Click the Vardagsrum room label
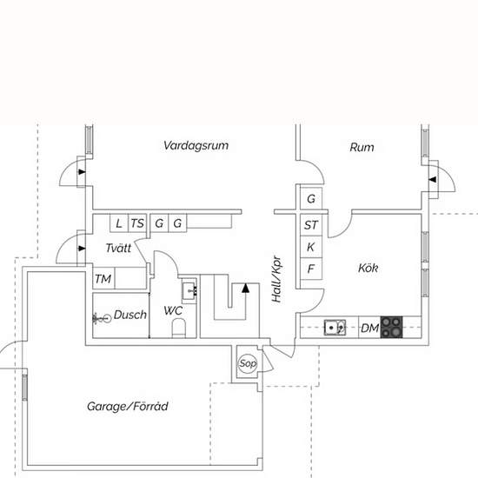click(196, 145)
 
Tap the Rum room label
click(362, 147)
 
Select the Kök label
click(368, 268)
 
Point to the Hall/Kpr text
click(276, 279)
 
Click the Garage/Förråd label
click(128, 407)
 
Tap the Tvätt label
click(118, 248)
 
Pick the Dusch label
click(130, 315)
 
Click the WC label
click(173, 310)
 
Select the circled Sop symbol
click(248, 363)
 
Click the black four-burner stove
click(391, 328)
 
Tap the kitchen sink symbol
click(335, 328)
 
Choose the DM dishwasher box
click(369, 328)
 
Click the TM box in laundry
click(103, 278)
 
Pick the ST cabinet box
click(311, 225)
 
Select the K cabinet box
click(311, 247)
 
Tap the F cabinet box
click(311, 269)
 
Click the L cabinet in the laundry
click(119, 223)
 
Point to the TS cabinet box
click(137, 223)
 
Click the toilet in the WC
click(179, 328)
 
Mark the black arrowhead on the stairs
click(245, 289)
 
